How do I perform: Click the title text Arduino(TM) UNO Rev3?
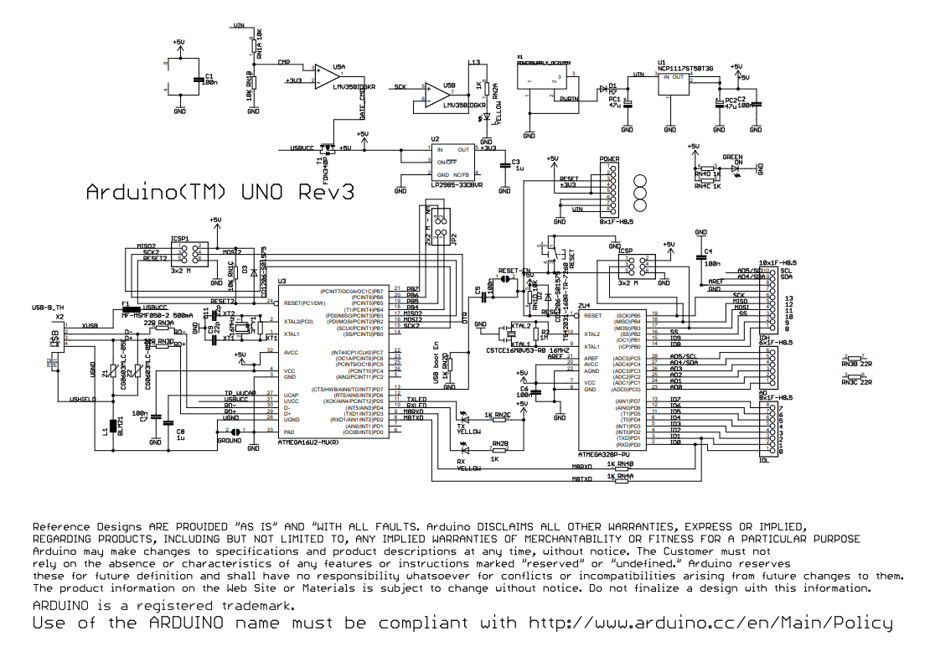click(220, 192)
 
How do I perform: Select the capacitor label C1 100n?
click(209, 80)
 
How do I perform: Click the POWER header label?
click(609, 158)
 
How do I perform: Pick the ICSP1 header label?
click(180, 238)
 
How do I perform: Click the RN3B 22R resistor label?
click(856, 365)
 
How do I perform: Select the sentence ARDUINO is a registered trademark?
click(163, 605)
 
